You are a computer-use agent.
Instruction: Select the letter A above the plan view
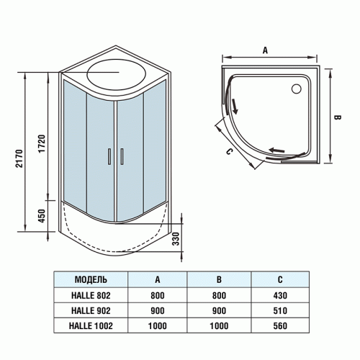coord(266,50)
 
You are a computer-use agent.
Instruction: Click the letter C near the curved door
coord(228,152)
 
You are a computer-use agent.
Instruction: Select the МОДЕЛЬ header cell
coord(91,279)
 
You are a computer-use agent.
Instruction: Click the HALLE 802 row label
coord(91,295)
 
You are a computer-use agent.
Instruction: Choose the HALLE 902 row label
coord(91,310)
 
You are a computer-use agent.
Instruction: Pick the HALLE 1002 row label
coord(91,325)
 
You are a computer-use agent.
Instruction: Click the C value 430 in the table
coord(280,295)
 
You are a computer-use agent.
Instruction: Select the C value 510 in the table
coord(280,310)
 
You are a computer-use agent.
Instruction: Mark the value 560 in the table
coord(280,325)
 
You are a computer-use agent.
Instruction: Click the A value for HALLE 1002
coord(157,325)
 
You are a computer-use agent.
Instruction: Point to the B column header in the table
coord(218,279)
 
